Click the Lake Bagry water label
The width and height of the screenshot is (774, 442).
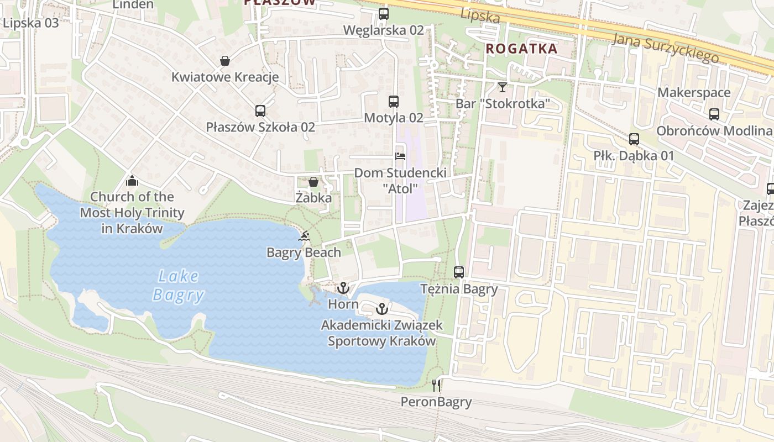[178, 285]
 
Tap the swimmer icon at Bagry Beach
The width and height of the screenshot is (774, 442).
[304, 237]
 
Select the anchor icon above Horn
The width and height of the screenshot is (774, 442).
[343, 288]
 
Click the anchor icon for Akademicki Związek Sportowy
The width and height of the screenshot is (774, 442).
[381, 309]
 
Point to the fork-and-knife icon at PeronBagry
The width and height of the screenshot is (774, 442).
[437, 385]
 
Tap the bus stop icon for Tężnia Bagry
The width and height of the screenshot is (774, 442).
[459, 272]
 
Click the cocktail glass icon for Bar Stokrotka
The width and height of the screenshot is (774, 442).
[502, 87]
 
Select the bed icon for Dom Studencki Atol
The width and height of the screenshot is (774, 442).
[400, 156]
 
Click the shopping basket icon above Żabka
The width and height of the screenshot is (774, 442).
[313, 182]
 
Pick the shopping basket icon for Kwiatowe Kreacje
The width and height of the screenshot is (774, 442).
[225, 60]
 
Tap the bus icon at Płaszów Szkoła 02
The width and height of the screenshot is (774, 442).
[260, 110]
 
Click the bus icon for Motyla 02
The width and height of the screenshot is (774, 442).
[394, 101]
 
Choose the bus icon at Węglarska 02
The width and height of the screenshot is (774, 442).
[384, 14]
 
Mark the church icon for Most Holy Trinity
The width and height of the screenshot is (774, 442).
[132, 181]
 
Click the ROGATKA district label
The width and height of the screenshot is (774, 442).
[521, 49]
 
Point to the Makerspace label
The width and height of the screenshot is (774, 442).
[693, 92]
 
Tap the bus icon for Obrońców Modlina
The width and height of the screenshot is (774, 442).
[714, 114]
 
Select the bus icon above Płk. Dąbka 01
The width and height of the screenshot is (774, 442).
[634, 139]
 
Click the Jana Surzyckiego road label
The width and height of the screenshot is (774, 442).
[666, 48]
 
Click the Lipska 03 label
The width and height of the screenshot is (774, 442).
[31, 23]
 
